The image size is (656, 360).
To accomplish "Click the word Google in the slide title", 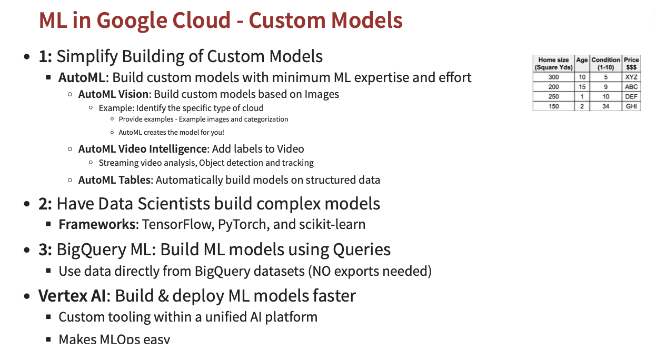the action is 128,21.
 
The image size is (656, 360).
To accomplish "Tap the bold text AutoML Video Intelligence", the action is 142,149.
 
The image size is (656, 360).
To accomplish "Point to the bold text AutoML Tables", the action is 114,180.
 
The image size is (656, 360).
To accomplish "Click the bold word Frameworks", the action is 97,224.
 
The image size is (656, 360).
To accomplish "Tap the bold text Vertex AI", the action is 72,296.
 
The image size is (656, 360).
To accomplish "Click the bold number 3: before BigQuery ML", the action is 45,249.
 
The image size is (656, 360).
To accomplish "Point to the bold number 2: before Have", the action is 45,204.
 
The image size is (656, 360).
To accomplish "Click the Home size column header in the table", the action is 553,64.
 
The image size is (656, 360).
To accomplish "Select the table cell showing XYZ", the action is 631,77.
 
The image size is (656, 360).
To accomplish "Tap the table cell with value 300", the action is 553,77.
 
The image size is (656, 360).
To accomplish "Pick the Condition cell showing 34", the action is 605,106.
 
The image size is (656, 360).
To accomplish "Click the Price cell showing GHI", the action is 631,106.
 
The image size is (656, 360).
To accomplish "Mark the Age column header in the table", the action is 582,60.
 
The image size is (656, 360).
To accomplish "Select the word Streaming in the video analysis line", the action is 118,163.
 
